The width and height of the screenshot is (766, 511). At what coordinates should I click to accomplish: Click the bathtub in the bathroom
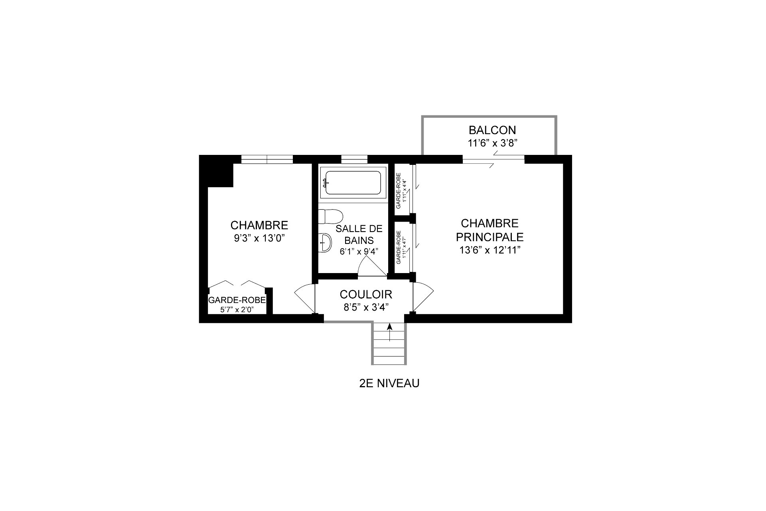[353, 183]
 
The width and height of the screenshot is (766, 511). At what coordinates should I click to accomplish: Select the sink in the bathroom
[326, 242]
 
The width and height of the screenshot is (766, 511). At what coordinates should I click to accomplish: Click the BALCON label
[492, 130]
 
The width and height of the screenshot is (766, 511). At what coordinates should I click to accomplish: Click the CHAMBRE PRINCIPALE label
[490, 230]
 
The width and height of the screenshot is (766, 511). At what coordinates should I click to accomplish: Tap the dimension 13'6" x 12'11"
[490, 250]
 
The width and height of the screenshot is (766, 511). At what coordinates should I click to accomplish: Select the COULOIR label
[366, 295]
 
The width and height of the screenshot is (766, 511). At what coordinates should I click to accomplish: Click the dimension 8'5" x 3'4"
[366, 307]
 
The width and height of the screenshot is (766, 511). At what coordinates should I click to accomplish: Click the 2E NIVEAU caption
[389, 384]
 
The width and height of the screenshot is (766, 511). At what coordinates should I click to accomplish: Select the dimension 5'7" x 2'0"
[237, 309]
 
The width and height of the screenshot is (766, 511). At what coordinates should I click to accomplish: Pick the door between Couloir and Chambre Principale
[422, 296]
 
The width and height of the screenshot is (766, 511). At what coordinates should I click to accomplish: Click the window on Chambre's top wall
[267, 159]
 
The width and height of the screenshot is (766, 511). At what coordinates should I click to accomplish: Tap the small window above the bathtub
[354, 159]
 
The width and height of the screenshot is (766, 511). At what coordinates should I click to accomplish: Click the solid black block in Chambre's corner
[217, 172]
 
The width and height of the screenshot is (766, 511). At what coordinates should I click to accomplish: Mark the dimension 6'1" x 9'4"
[359, 252]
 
